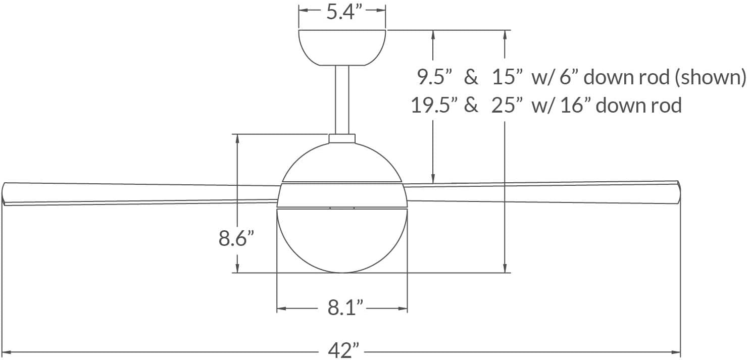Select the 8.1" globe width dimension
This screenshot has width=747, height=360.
coord(346,307)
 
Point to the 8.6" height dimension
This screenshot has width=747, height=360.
coord(236,238)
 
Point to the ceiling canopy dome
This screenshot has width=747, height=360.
coord(342,47)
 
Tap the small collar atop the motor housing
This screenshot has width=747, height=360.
coord(342,138)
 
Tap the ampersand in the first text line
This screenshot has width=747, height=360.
coord(471,77)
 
